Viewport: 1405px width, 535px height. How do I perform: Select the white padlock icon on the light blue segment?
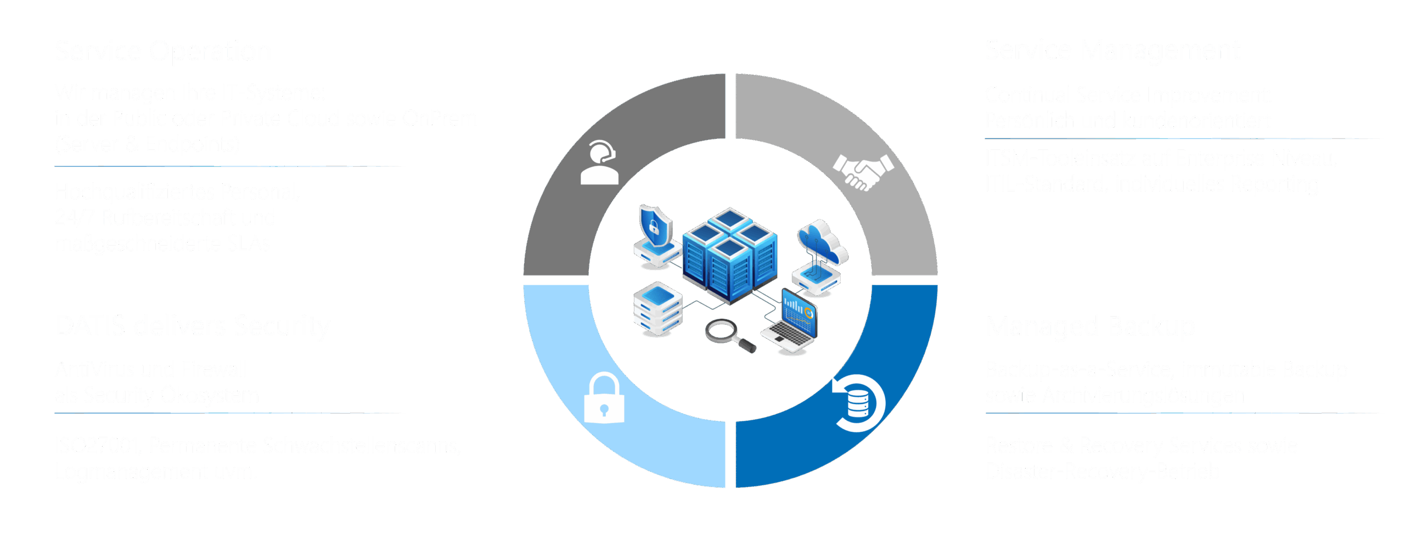pyautogui.click(x=604, y=398)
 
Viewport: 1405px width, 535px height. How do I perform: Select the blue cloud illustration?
pyautogui.click(x=822, y=241)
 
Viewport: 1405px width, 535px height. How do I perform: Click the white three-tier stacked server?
pyautogui.click(x=657, y=308)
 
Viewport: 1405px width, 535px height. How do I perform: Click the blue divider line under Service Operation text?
pyautogui.click(x=227, y=166)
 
